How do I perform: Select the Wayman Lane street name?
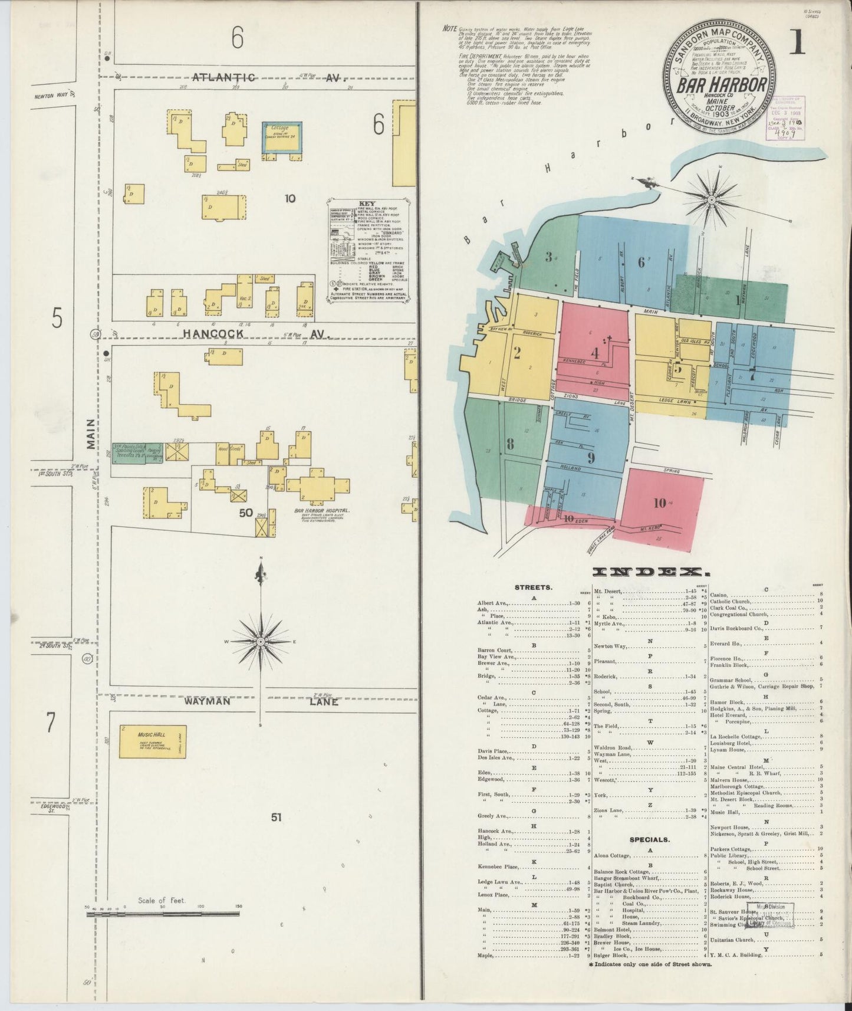[x=259, y=701]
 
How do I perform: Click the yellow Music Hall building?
[x=153, y=741]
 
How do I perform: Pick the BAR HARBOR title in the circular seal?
[x=721, y=85]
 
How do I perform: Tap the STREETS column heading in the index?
[x=533, y=587]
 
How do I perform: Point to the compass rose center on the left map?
[x=260, y=641]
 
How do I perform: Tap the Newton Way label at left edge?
[x=48, y=96]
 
